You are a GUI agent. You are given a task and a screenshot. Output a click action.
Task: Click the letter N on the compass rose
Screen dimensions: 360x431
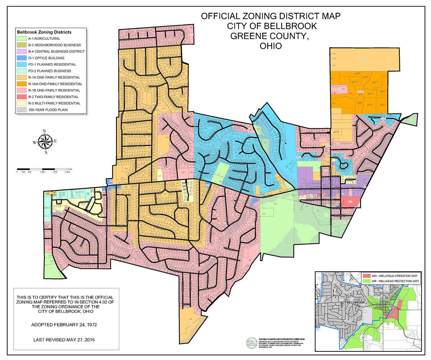coord(45,131)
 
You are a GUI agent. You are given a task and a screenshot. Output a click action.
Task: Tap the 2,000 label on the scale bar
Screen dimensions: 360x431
coord(67,172)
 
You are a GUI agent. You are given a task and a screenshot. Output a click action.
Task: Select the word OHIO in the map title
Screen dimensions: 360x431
coord(270,46)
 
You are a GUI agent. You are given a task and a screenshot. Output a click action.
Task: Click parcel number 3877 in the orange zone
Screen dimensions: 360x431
coord(375,82)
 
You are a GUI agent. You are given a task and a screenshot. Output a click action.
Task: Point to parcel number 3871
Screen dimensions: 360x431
coord(370,105)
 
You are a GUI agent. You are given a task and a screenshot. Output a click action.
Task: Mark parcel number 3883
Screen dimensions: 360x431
coord(383,92)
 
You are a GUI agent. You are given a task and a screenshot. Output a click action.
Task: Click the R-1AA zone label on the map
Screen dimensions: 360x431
coord(361,92)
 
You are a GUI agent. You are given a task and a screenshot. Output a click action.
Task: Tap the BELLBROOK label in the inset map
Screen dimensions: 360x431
coord(356,303)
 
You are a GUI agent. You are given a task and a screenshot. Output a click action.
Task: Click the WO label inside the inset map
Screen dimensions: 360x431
coord(393,313)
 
